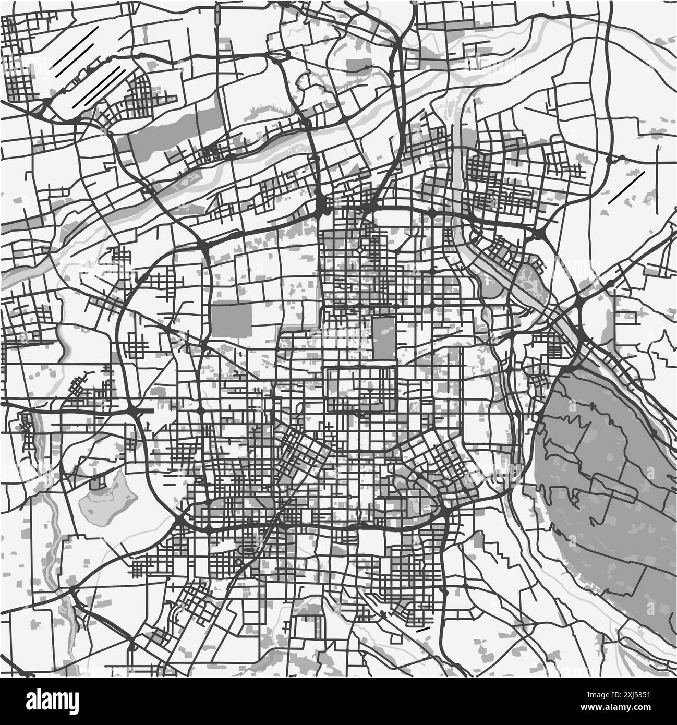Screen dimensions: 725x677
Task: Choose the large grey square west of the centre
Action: coord(231,319)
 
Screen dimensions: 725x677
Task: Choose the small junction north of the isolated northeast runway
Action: coord(608,158)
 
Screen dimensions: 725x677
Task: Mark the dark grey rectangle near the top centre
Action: coord(359,65)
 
